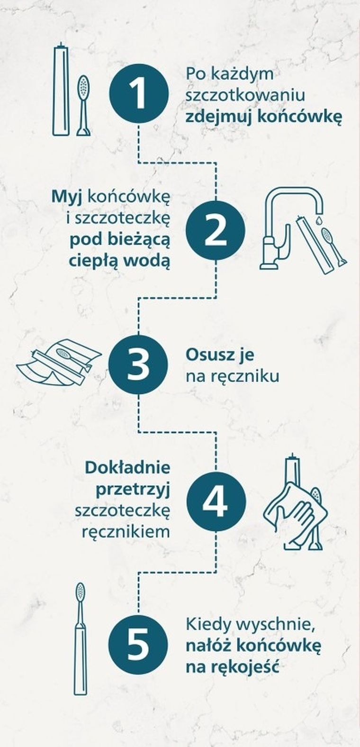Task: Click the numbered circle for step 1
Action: [x=139, y=94]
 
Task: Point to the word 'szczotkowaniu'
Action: [x=244, y=95]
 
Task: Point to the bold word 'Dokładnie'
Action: [x=127, y=467]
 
